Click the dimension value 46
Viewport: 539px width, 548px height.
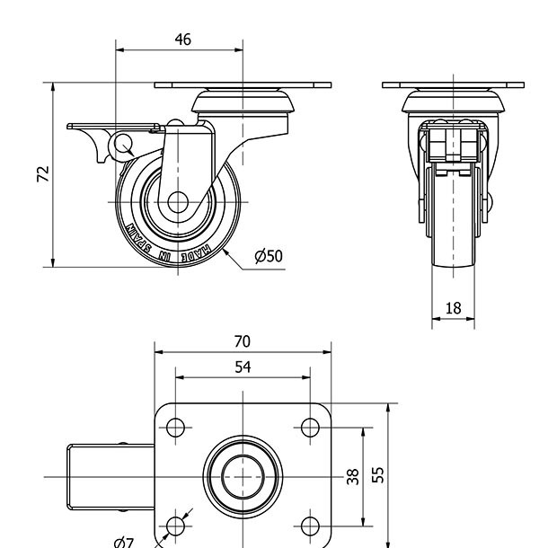pyautogui.click(x=182, y=40)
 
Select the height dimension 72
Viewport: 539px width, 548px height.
pyautogui.click(x=42, y=174)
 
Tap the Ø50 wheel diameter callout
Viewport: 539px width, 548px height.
pyautogui.click(x=268, y=256)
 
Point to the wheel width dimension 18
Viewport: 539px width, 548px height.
pyautogui.click(x=453, y=308)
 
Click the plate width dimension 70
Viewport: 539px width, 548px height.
pyautogui.click(x=242, y=341)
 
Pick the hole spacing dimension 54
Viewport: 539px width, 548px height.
pyautogui.click(x=242, y=367)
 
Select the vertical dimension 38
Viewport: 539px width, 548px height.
pyautogui.click(x=353, y=475)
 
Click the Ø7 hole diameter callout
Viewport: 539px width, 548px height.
pyautogui.click(x=124, y=541)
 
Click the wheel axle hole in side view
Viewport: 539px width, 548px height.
pyautogui.click(x=177, y=202)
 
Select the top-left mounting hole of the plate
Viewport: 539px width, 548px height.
pyautogui.click(x=176, y=427)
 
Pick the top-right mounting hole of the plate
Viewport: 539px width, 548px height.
pyautogui.click(x=309, y=427)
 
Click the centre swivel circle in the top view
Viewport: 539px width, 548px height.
pyautogui.click(x=243, y=475)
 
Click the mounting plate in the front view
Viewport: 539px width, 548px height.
pyautogui.click(x=453, y=85)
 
